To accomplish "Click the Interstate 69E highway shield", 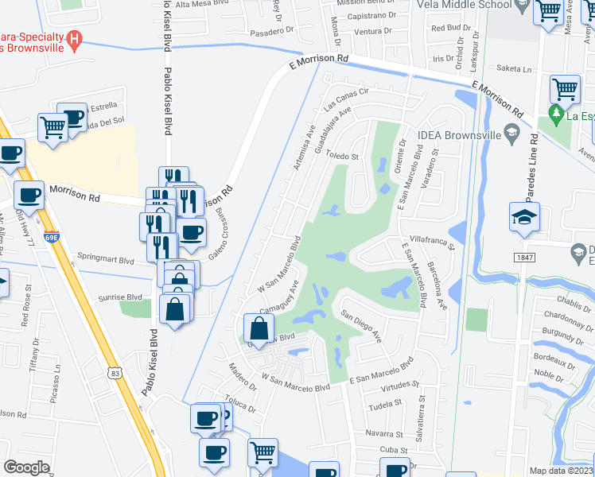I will tap(52, 237).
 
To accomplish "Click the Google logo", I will tap(26, 467).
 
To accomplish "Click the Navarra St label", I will tap(385, 434).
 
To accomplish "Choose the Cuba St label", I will tap(391, 450).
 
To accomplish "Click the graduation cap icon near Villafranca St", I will tap(525, 217).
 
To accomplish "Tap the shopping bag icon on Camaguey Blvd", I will tap(259, 328).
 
